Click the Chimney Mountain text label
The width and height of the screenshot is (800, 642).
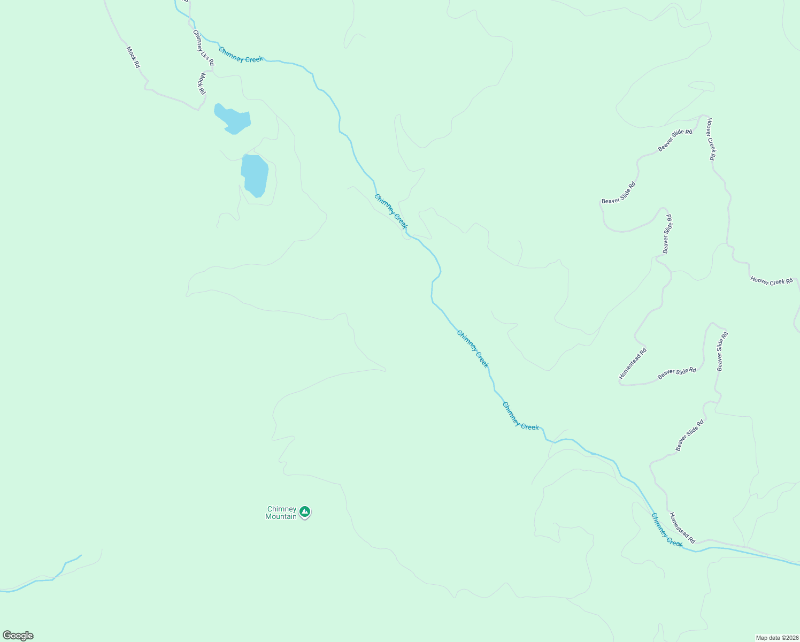(x=281, y=513)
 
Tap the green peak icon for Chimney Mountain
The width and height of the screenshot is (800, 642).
(x=305, y=512)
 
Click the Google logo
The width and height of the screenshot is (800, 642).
(x=18, y=636)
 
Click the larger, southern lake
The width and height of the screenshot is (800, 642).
(x=255, y=175)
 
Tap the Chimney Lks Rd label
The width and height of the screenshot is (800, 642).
(x=204, y=48)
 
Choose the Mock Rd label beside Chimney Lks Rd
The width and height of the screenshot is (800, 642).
(x=202, y=84)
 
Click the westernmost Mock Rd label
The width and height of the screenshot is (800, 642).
(x=133, y=57)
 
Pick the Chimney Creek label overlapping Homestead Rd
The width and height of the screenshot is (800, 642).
(x=666, y=530)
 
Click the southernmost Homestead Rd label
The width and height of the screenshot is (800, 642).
(x=682, y=528)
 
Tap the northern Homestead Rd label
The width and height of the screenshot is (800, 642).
(x=633, y=364)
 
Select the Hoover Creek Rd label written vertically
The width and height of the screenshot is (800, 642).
(x=711, y=139)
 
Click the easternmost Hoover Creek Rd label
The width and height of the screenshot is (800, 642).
(x=771, y=280)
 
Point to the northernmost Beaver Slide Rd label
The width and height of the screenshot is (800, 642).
(x=675, y=140)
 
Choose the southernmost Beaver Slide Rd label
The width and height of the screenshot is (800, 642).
(x=689, y=435)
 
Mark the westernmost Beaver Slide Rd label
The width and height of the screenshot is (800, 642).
(x=619, y=193)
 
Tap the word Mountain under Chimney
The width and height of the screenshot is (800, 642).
(x=281, y=516)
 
